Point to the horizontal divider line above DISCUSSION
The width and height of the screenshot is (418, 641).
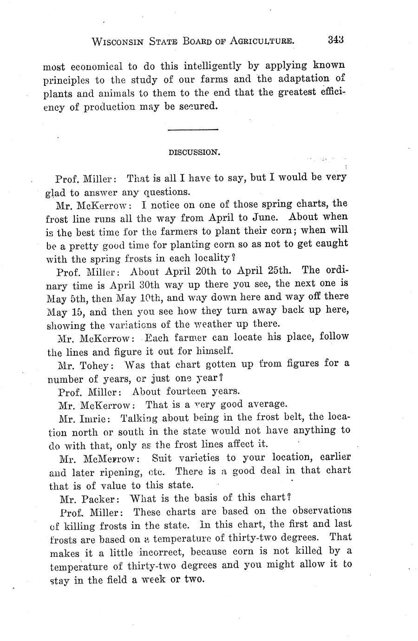(192, 129)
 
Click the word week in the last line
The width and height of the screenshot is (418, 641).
(150, 580)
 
